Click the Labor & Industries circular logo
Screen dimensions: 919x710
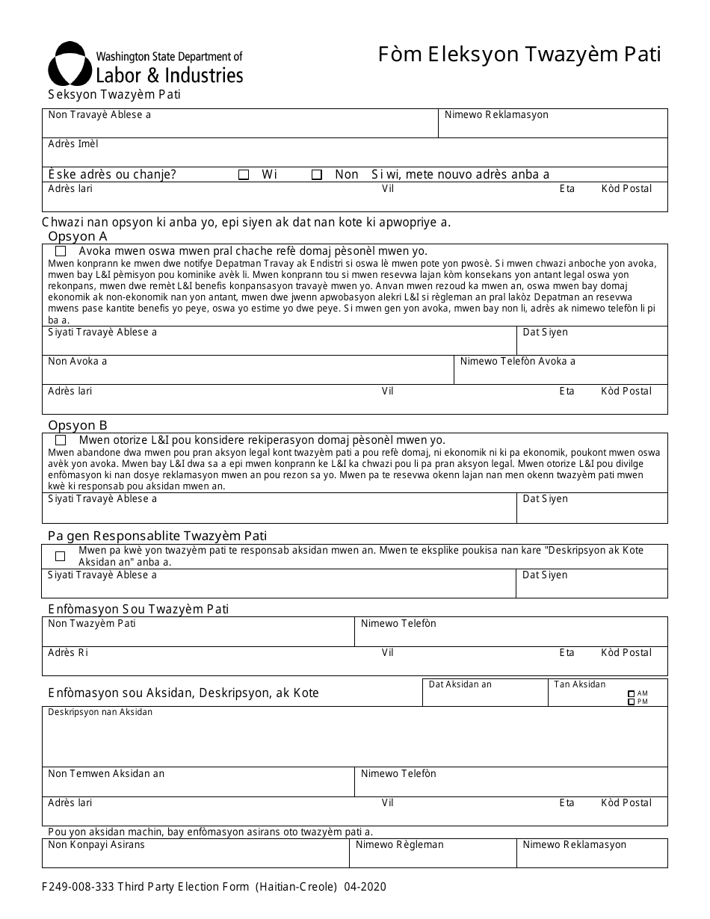(x=70, y=64)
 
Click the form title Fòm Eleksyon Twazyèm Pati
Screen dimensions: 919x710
(x=519, y=55)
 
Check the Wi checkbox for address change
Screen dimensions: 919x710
(x=244, y=175)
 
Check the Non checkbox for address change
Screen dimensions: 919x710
(x=317, y=175)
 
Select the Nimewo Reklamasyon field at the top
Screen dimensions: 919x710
(x=553, y=124)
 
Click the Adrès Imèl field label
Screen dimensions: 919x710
(x=73, y=143)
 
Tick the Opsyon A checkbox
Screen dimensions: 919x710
(x=61, y=252)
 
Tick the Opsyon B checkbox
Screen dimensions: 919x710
(x=61, y=441)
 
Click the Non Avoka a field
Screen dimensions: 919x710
(x=247, y=370)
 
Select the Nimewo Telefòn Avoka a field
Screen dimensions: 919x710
(x=561, y=370)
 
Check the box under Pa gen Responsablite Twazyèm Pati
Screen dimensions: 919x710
(x=61, y=556)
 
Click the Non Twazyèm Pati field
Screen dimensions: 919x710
(x=198, y=632)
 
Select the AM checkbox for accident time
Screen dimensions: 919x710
(x=632, y=694)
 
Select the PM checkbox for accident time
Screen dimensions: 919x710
(x=632, y=702)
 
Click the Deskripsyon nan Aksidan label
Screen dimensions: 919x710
(x=100, y=712)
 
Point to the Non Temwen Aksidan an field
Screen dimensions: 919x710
(x=198, y=782)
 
